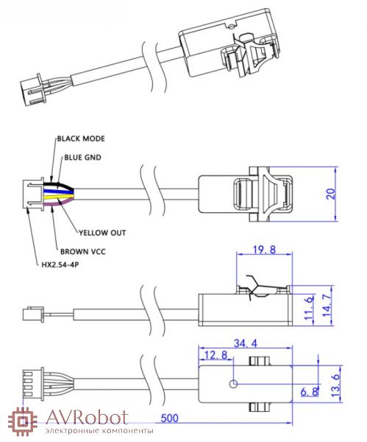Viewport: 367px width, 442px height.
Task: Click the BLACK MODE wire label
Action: pyautogui.click(x=81, y=138)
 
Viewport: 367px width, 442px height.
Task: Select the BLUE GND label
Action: pyautogui.click(x=82, y=157)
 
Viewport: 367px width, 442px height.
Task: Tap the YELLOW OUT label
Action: pyautogui.click(x=102, y=233)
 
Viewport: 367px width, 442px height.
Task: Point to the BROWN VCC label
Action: pyautogui.click(x=83, y=251)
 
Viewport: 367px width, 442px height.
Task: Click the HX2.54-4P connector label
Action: pyautogui.click(x=60, y=264)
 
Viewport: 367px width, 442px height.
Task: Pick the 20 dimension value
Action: pyautogui.click(x=331, y=194)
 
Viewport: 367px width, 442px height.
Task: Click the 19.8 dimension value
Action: pyautogui.click(x=264, y=250)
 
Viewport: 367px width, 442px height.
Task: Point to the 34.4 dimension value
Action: pyautogui.click(x=246, y=343)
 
